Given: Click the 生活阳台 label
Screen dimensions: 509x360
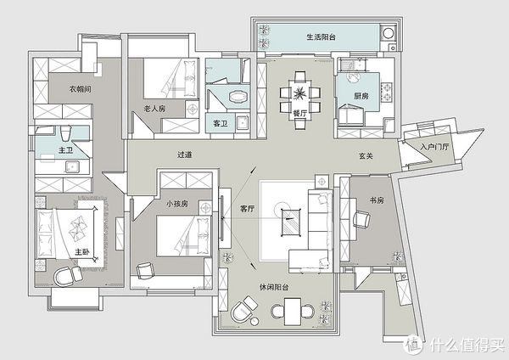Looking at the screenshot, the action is coord(321,37).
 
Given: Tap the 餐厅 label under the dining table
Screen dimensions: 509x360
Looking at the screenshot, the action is coord(299,114).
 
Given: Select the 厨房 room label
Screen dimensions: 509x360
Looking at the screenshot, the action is coord(361,96).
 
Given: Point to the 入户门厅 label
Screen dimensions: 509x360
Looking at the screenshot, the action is coord(434,147).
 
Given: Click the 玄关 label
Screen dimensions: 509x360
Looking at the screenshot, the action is coord(366,156).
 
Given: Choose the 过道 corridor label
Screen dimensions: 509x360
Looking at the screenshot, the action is coord(184,155).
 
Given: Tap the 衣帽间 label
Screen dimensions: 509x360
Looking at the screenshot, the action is coord(81,88).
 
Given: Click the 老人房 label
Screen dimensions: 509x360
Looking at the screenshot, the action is coord(154,108).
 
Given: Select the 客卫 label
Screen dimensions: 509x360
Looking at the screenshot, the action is coord(220,123).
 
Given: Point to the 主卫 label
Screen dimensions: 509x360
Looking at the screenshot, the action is coord(65,150).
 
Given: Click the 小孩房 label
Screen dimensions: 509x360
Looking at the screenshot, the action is coord(177,204).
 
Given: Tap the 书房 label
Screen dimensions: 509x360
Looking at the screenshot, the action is coord(377,200).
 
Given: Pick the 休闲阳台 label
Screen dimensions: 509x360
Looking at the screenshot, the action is coord(274,287).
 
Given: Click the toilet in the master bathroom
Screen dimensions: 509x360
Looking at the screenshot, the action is coord(65,133).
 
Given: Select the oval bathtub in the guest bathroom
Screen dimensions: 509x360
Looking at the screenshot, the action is coord(238,96).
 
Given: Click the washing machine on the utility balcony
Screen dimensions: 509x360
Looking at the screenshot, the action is coord(388,33).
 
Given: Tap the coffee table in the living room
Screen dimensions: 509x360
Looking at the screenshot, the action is coord(290,222).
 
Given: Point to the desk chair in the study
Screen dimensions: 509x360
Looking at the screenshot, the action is coord(361,220).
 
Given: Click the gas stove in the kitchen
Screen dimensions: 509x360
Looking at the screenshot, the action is coord(387,92).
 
